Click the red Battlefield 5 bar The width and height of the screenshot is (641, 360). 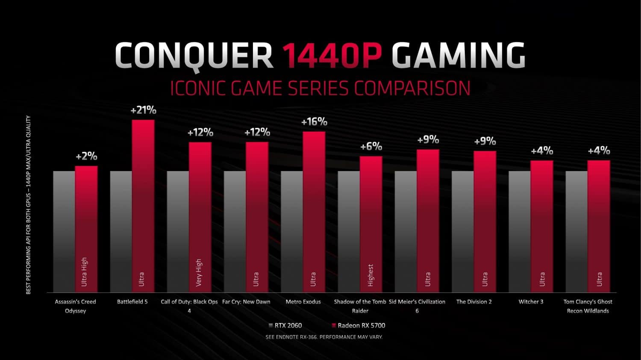click(x=143, y=205)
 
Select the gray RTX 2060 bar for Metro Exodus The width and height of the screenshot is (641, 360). click(x=292, y=231)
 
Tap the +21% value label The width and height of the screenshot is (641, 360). click(x=143, y=110)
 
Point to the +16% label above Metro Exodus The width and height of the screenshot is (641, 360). click(x=314, y=122)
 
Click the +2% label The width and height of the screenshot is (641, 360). click(x=86, y=156)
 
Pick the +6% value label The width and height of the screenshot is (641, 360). click(x=371, y=146)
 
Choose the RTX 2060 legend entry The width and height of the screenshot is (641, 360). click(x=285, y=325)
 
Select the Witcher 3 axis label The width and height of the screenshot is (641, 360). click(x=531, y=302)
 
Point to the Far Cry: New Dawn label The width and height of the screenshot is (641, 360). click(x=246, y=302)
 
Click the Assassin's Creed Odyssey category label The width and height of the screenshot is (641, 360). click(x=76, y=306)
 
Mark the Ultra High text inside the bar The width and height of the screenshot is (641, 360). click(x=84, y=272)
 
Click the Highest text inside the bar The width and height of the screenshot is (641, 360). click(x=370, y=275)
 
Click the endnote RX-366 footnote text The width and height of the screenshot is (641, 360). click(x=324, y=337)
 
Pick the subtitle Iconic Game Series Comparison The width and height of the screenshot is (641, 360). click(x=320, y=88)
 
